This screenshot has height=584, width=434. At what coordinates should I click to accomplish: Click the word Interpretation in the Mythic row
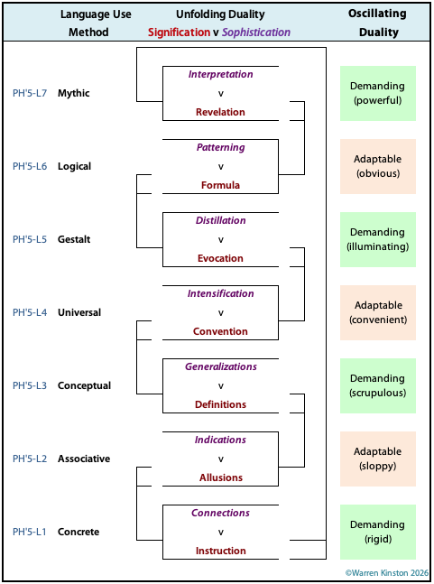click(220, 74)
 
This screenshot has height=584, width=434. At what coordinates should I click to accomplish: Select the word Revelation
click(220, 112)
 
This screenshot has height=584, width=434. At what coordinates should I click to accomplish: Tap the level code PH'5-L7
click(30, 93)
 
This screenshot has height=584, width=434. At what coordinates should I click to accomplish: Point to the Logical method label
click(75, 166)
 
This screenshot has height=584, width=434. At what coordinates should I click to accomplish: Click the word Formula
click(220, 185)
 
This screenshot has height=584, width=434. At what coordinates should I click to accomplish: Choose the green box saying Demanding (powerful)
click(378, 93)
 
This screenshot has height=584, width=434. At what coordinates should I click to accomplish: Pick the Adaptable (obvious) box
click(378, 166)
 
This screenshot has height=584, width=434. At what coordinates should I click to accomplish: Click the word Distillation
click(221, 220)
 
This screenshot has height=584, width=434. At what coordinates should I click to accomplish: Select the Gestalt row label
click(74, 239)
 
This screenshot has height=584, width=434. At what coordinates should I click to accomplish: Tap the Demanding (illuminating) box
click(378, 239)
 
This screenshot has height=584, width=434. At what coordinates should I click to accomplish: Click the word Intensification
click(221, 293)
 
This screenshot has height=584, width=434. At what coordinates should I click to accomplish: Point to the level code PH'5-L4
click(30, 312)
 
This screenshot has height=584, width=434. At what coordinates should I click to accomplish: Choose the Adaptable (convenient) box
click(378, 312)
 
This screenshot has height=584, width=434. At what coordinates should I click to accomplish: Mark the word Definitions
click(220, 404)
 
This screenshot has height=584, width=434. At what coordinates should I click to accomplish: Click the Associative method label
click(84, 459)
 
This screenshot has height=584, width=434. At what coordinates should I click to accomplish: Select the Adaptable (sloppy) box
click(378, 459)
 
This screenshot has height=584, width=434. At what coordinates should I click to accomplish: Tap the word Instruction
click(221, 551)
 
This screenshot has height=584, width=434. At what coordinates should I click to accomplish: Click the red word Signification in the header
click(179, 32)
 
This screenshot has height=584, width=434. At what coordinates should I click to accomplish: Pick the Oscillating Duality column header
click(378, 23)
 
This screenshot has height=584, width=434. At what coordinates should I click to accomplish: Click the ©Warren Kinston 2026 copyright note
click(387, 573)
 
